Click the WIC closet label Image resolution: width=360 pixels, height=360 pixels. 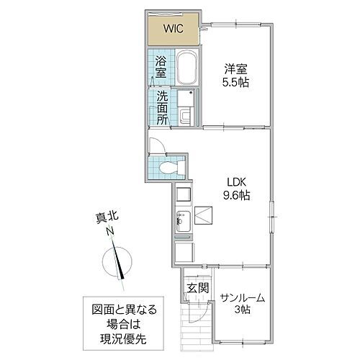click(172, 30)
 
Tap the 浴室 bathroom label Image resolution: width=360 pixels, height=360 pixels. click(161, 66)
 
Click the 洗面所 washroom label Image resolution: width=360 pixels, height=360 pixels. click(163, 108)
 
